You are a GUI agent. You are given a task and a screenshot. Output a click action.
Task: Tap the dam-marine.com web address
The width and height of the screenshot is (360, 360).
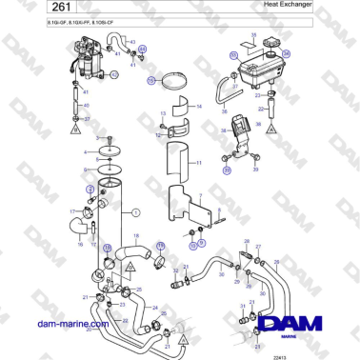click(61, 323)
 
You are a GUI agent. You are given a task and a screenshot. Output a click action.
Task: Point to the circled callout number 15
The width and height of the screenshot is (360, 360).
click(150, 82)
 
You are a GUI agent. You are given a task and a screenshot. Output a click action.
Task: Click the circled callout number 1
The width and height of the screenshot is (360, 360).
click(135, 212)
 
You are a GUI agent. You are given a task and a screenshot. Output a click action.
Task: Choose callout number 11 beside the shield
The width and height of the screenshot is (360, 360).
click(198, 163)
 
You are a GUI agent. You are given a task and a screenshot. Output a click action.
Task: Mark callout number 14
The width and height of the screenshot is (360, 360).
click(198, 107)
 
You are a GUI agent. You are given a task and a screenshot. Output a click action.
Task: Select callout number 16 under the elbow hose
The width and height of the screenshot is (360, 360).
click(80, 245)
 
